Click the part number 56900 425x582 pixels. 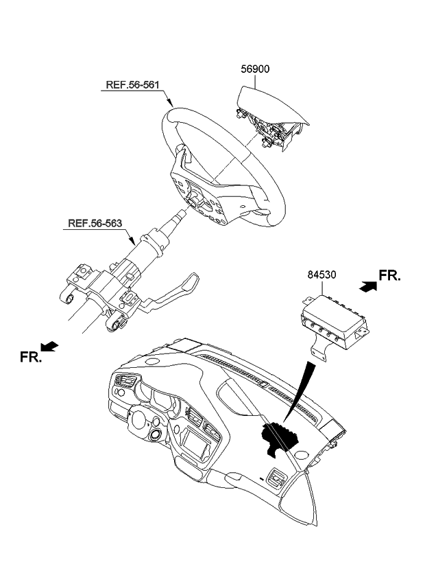coord(255,70)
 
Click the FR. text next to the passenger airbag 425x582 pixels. coord(390,276)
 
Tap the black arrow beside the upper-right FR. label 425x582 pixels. coord(368,289)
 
